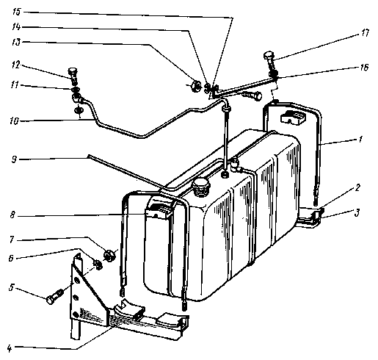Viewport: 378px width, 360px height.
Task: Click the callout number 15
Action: click(17, 12)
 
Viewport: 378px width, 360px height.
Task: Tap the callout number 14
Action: click(17, 26)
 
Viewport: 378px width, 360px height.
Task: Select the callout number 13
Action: click(17, 43)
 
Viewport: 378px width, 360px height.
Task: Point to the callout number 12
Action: click(15, 65)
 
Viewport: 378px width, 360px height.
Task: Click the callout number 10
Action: click(14, 121)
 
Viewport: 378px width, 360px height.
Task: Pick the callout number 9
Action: click(14, 159)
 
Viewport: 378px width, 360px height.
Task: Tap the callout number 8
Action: click(12, 215)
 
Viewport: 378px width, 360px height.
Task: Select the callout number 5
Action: click(11, 287)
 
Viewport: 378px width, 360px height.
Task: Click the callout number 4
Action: click(10, 348)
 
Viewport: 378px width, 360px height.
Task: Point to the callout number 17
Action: click(365, 33)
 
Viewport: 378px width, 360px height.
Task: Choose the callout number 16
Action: click(364, 67)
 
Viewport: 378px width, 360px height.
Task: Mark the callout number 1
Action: click(360, 140)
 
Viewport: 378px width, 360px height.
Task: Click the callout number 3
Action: click(357, 212)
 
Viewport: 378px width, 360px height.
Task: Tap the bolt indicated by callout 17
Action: click(270, 61)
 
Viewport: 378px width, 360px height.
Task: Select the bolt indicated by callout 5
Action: click(55, 296)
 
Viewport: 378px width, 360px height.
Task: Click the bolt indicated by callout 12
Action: click(73, 76)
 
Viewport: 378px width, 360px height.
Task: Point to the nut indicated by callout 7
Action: click(109, 255)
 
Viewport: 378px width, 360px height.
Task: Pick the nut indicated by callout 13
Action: click(196, 86)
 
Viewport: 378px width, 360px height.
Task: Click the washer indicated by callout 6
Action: click(98, 264)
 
